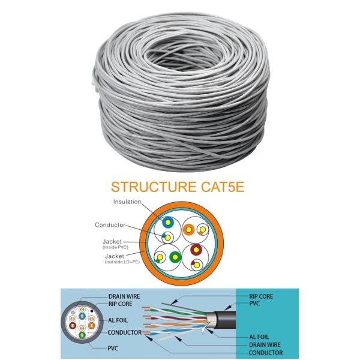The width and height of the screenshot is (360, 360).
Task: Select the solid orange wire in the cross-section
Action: tap(188, 229)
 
